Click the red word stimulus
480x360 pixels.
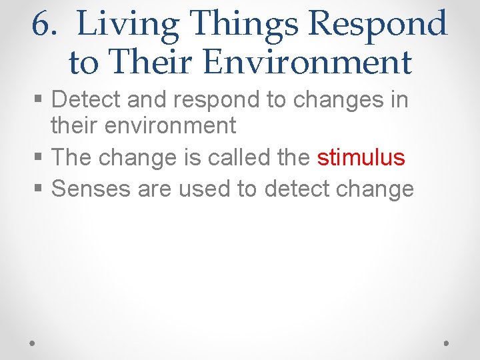tap(361, 157)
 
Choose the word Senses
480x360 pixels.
tap(91, 189)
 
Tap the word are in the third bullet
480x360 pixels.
tap(155, 189)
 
